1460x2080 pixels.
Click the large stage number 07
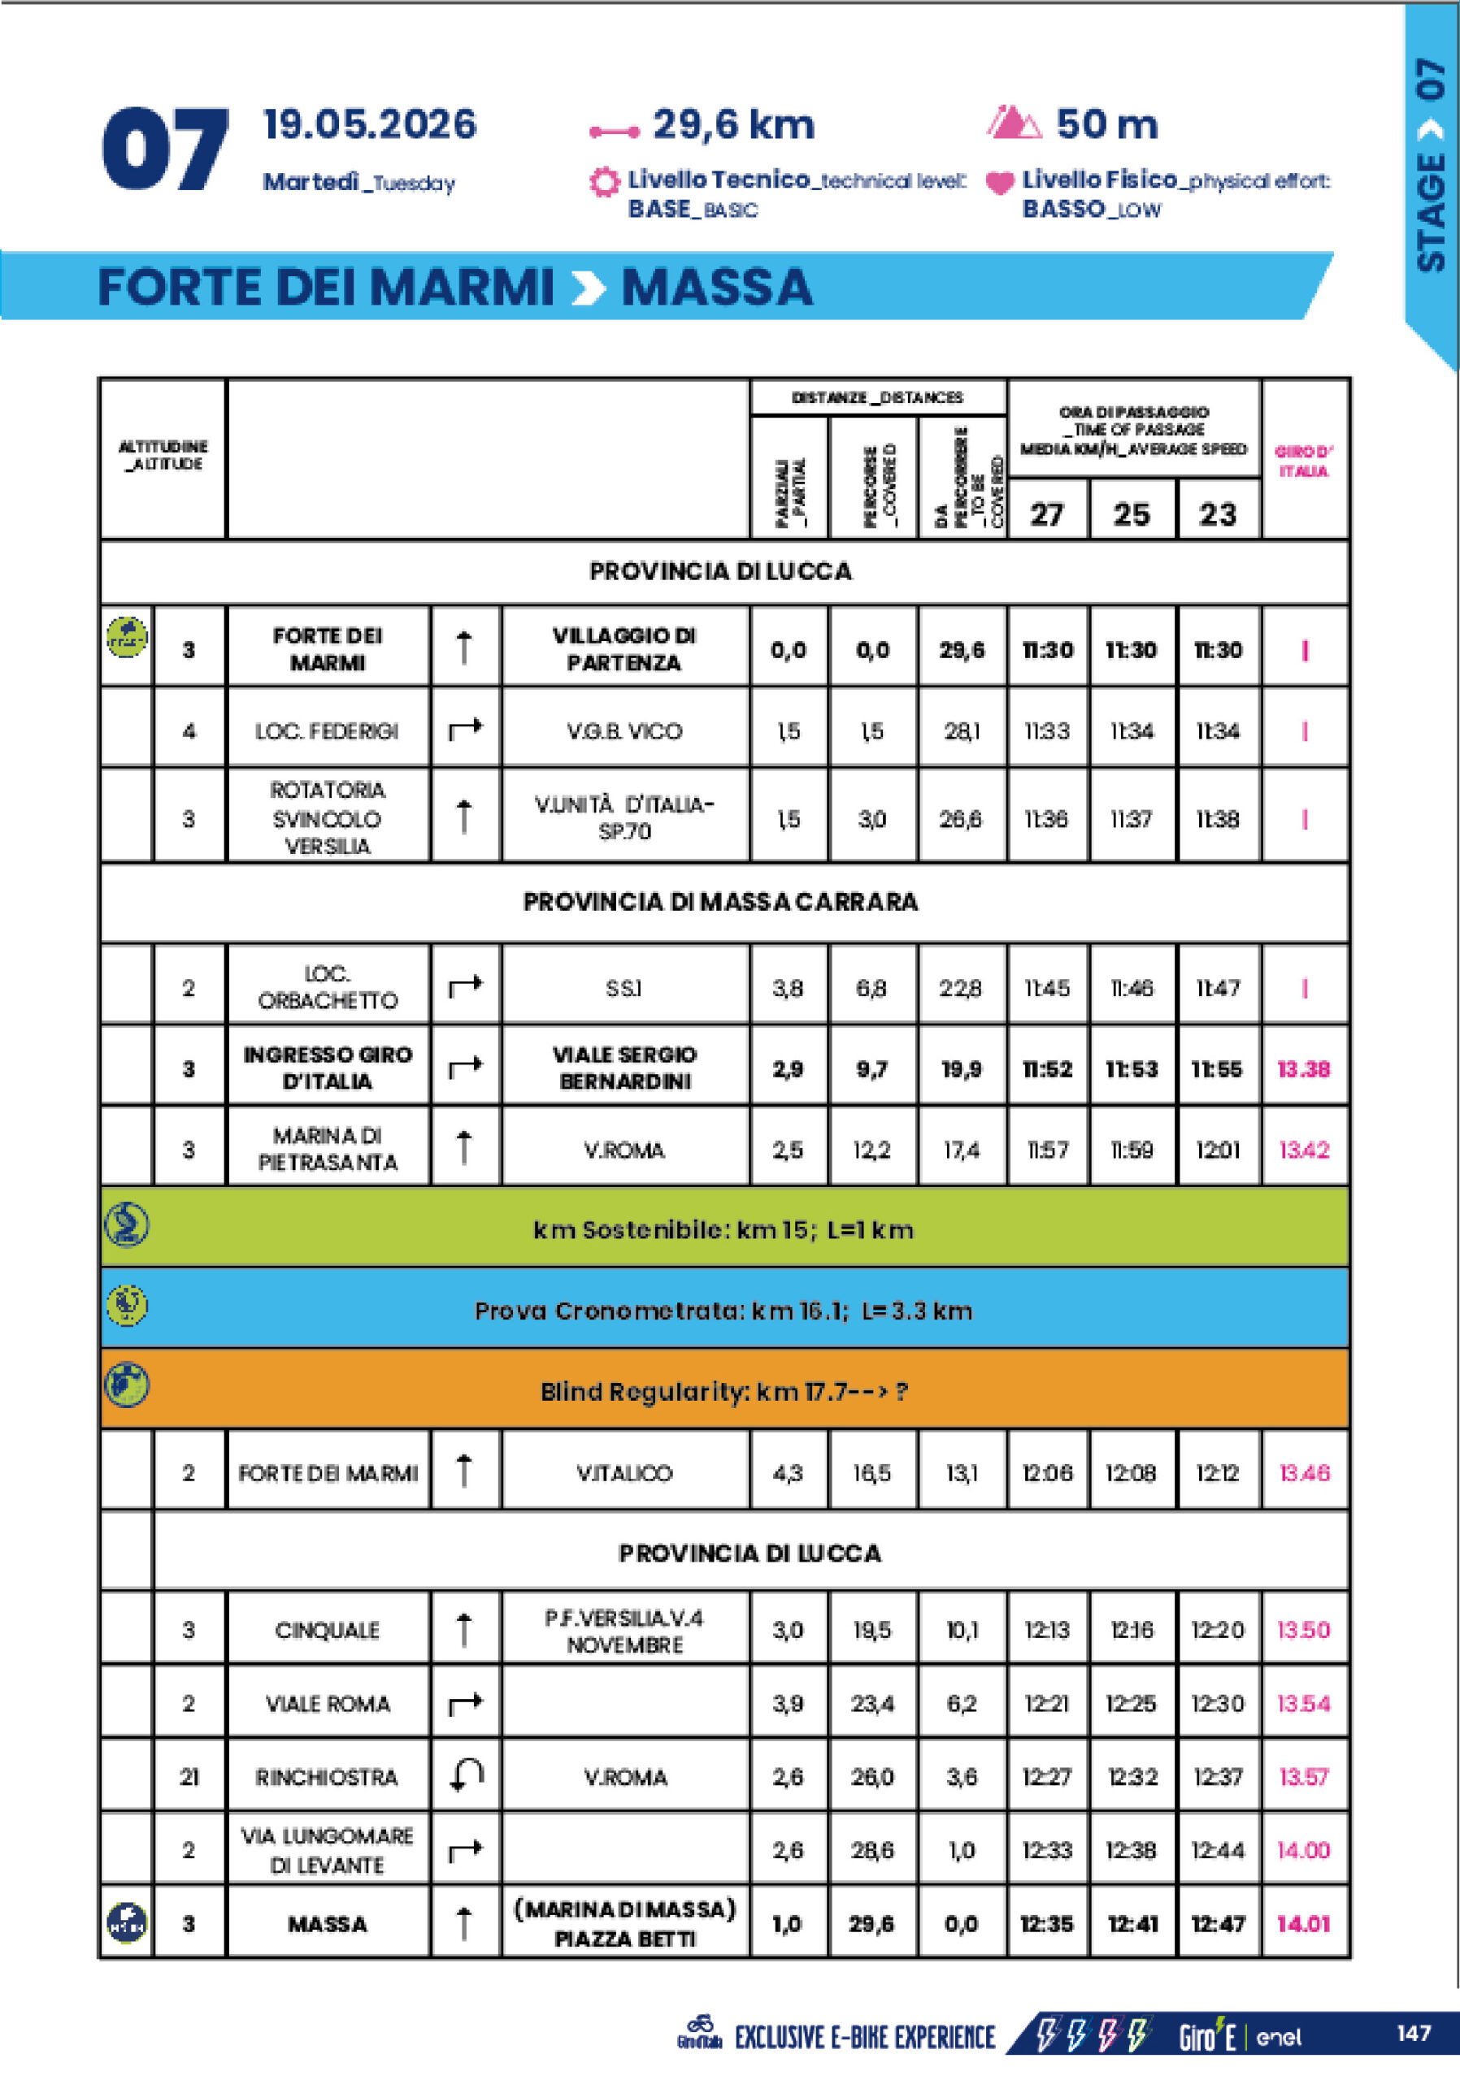[x=164, y=149]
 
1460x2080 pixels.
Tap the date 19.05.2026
[x=369, y=125]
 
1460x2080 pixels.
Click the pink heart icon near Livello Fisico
[x=1000, y=183]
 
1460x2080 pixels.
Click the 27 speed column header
[x=1047, y=514]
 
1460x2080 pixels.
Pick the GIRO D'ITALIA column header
[x=1303, y=460]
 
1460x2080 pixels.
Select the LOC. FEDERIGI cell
[x=327, y=731]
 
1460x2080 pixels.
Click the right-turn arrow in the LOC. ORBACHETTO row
[x=466, y=986]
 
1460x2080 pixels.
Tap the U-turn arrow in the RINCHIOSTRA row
[x=466, y=1776]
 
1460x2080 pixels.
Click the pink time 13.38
[x=1303, y=1069]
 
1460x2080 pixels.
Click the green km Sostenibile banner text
[x=723, y=1229]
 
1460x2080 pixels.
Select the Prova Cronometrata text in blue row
[x=723, y=1311]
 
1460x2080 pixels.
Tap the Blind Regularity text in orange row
[x=724, y=1392]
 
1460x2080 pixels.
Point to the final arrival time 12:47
[x=1217, y=1923]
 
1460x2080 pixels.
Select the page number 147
[x=1414, y=2034]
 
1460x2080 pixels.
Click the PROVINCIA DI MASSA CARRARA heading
[x=720, y=903]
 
